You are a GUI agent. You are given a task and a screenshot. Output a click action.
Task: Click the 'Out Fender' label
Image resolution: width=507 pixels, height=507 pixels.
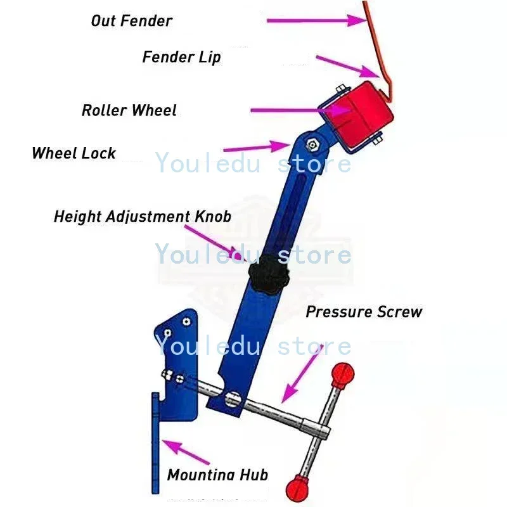[x=131, y=20]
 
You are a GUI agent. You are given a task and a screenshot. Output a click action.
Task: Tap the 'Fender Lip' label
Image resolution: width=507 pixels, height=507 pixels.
[x=181, y=57]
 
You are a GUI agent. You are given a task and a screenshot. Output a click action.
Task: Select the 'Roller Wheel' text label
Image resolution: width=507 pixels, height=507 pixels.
[x=129, y=110]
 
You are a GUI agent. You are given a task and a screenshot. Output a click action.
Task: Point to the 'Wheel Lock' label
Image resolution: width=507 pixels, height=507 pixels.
[x=74, y=153]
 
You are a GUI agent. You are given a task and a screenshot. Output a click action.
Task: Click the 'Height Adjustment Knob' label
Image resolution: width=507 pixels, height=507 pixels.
[x=142, y=216]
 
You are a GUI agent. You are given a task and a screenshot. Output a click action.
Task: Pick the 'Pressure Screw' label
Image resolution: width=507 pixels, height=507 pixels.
[x=363, y=312]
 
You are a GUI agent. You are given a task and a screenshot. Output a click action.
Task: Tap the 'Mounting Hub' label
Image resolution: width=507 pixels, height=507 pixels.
[x=217, y=475]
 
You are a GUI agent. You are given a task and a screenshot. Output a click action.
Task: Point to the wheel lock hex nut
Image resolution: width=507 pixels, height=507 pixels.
[x=312, y=144]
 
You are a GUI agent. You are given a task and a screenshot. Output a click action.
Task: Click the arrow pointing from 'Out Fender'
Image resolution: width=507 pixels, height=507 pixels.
[x=317, y=20]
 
